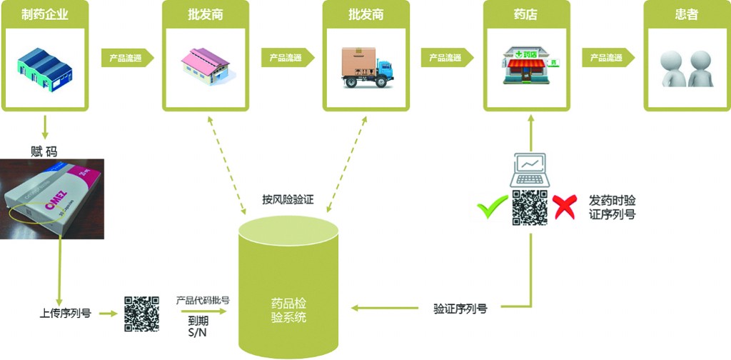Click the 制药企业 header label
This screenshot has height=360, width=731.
pos(45,14)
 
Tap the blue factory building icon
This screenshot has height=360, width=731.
pos(44,66)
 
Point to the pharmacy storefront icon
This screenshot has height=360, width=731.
pos(527,66)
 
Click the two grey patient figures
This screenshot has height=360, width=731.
pos(686,69)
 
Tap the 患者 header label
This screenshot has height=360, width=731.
pos(687,14)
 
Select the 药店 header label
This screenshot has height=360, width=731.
pos(527,14)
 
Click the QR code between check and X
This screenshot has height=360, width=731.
pos(529,208)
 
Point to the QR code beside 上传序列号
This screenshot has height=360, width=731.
pos(141,312)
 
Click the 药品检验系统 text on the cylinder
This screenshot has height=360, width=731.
pos(289,310)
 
